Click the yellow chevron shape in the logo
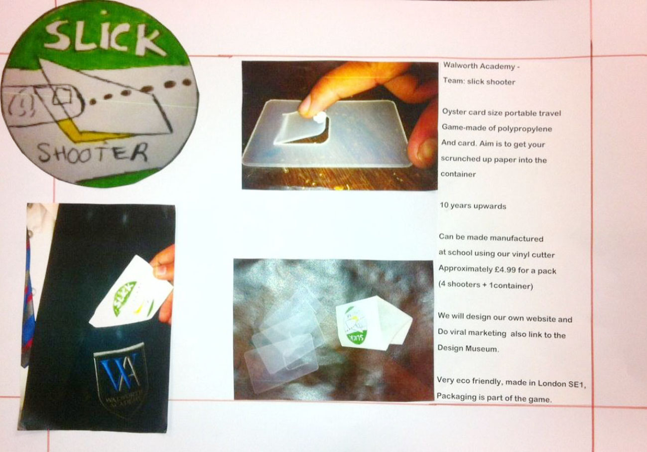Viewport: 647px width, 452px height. tap(87, 133)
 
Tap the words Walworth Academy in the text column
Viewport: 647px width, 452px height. tap(479, 66)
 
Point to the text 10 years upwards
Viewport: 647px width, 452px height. tap(473, 206)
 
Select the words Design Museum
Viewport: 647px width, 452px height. tap(468, 348)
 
